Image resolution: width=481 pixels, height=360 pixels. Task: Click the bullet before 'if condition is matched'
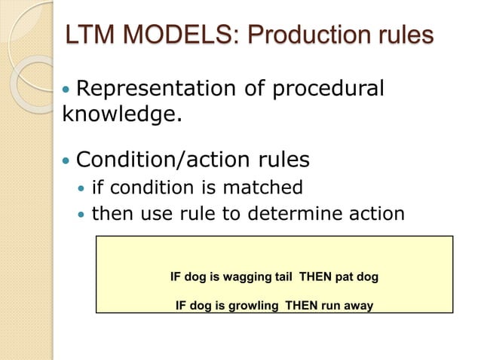coord(81,187)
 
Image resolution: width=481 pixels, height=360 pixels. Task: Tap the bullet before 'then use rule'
coord(81,215)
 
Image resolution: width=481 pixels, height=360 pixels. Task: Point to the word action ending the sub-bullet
coord(377,215)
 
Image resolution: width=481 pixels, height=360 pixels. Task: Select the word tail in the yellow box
coord(284,277)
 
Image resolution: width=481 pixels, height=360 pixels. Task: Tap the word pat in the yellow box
coord(344,277)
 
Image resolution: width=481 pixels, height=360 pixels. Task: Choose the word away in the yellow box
coord(357,306)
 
